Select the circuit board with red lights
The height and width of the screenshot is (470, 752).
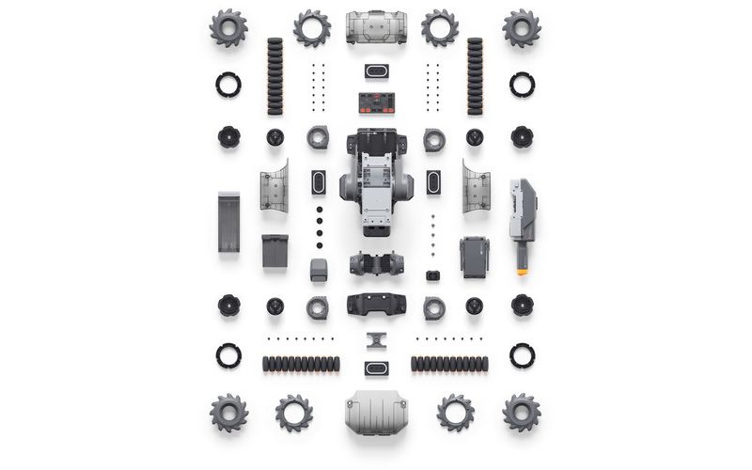pyautogui.click(x=376, y=102)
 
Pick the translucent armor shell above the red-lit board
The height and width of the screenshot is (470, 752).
pyautogui.click(x=376, y=27)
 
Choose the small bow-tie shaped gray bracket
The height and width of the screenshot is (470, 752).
pyautogui.click(x=376, y=338)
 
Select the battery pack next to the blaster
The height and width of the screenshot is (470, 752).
pyautogui.click(x=474, y=256)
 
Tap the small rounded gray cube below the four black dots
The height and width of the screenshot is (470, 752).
pyautogui.click(x=319, y=270)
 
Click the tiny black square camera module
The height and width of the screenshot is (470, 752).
pyautogui.click(x=432, y=275)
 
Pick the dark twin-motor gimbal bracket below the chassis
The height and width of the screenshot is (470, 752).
pyautogui.click(x=376, y=263)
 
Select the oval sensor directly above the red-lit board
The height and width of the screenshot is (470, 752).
pyautogui.click(x=376, y=71)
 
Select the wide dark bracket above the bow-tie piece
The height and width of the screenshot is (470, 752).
pyautogui.click(x=376, y=305)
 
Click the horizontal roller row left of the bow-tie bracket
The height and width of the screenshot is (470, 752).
pyautogui.click(x=301, y=364)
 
